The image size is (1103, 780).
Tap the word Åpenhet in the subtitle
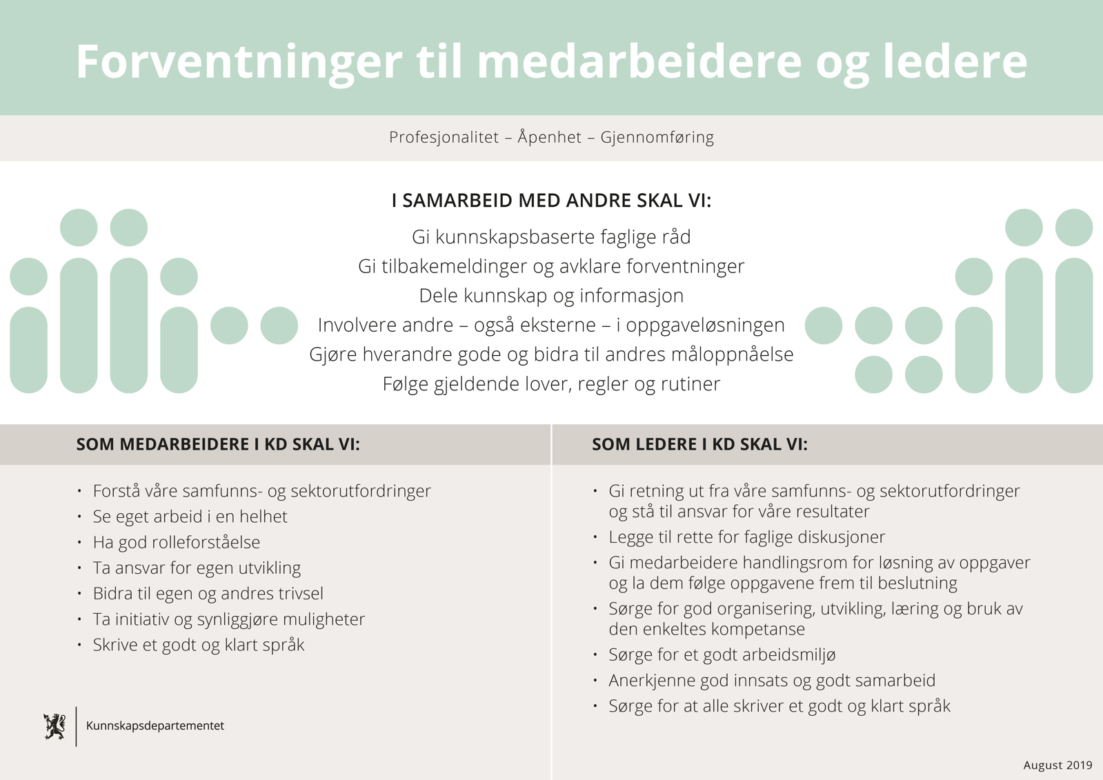coord(550,137)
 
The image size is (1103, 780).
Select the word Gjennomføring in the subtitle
coord(657,137)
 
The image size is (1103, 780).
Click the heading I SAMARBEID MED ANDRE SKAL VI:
coord(551,201)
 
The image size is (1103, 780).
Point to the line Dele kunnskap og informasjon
coord(551,296)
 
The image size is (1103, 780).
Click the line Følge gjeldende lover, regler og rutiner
coord(551,384)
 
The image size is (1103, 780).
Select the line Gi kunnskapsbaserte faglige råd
coord(551,237)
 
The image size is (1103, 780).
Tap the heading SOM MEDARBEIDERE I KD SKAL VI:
coord(218,445)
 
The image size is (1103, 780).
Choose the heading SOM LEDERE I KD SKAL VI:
coord(699,445)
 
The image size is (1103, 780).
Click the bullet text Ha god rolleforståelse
coord(177,543)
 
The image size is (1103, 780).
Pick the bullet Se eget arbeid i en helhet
coord(190,517)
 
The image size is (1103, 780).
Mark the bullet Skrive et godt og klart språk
coord(199,645)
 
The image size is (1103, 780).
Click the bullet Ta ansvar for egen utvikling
coord(197,568)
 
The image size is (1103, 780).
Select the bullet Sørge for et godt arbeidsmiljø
coord(722,655)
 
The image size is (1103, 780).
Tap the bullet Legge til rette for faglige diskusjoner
coord(746,537)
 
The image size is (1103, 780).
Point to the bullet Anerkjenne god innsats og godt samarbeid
coord(772,681)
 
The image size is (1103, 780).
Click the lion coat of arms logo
coord(54,726)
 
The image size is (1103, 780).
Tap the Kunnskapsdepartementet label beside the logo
coord(155,726)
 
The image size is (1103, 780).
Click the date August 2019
coord(1057,766)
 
